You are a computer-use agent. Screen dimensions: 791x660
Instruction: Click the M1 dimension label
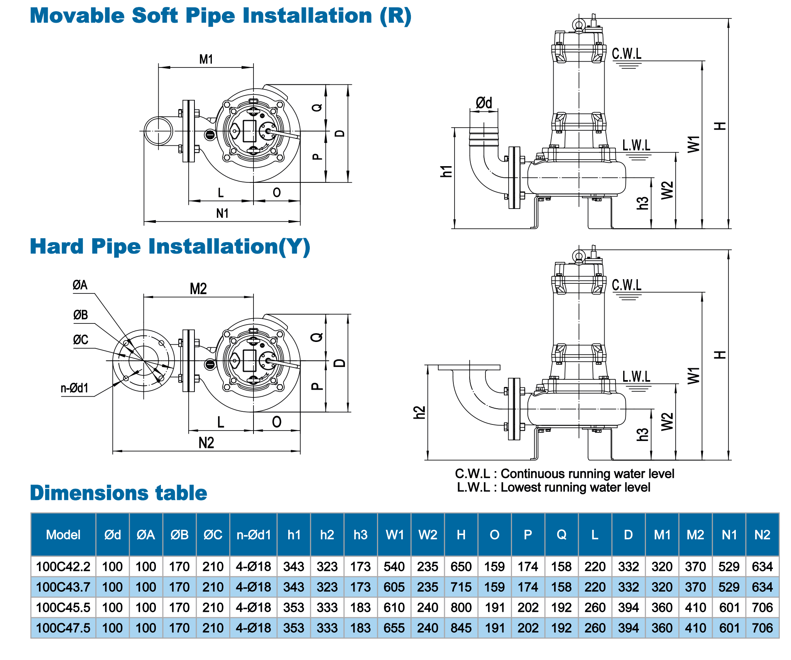point(206,59)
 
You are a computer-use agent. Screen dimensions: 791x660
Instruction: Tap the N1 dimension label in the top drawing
point(222,213)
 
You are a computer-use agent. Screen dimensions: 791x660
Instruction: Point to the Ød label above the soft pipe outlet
point(484,103)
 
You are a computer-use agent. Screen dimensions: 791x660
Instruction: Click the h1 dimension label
point(446,171)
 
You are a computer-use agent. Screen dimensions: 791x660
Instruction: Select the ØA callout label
point(80,285)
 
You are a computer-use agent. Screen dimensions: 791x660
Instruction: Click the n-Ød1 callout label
point(74,388)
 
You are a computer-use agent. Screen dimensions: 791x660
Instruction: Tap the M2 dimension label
point(198,289)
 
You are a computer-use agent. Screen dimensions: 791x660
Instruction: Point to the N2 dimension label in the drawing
point(206,443)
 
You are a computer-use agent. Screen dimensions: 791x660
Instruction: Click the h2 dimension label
point(419,412)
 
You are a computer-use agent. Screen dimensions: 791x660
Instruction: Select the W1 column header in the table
point(394,535)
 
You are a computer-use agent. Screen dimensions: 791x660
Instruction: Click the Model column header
point(63,535)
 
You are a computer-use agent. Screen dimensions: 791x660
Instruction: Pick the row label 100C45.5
point(63,608)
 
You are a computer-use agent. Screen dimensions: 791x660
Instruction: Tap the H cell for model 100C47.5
point(461,628)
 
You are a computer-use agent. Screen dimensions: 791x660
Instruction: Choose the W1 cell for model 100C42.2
point(394,567)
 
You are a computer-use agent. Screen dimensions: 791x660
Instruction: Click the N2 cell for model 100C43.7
point(762,587)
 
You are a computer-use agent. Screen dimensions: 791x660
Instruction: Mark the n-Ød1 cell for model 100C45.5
point(254,608)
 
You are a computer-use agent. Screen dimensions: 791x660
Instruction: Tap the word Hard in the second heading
point(57,246)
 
